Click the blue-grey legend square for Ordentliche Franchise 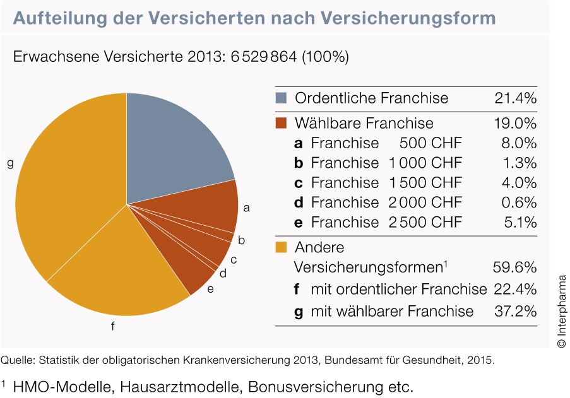(281, 98)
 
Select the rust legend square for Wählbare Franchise (281, 122)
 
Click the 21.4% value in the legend (514, 98)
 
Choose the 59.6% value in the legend (514, 267)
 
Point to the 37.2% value (514, 311)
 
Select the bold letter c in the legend (299, 183)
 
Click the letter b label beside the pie (242, 240)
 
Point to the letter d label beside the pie (223, 274)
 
